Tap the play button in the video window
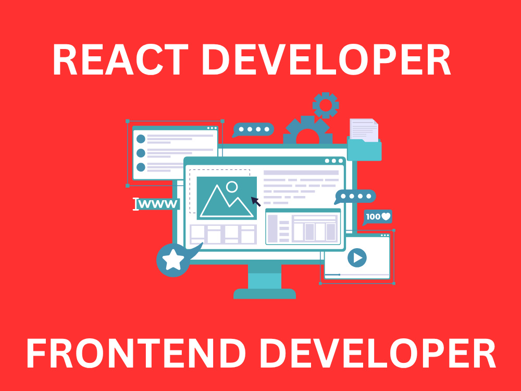pos(357,258)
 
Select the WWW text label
pos(158,204)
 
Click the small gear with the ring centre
pos(326,105)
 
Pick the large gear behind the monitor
pos(307,131)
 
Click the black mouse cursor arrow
pos(255,201)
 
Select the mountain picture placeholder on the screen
pos(227,198)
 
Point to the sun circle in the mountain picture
pos(232,186)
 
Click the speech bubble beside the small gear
pos(253,129)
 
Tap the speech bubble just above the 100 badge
pos(355,197)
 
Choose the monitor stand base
pos(265,294)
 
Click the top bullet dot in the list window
pos(140,139)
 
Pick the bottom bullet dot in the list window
pos(140,167)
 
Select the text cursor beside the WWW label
pos(136,204)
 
